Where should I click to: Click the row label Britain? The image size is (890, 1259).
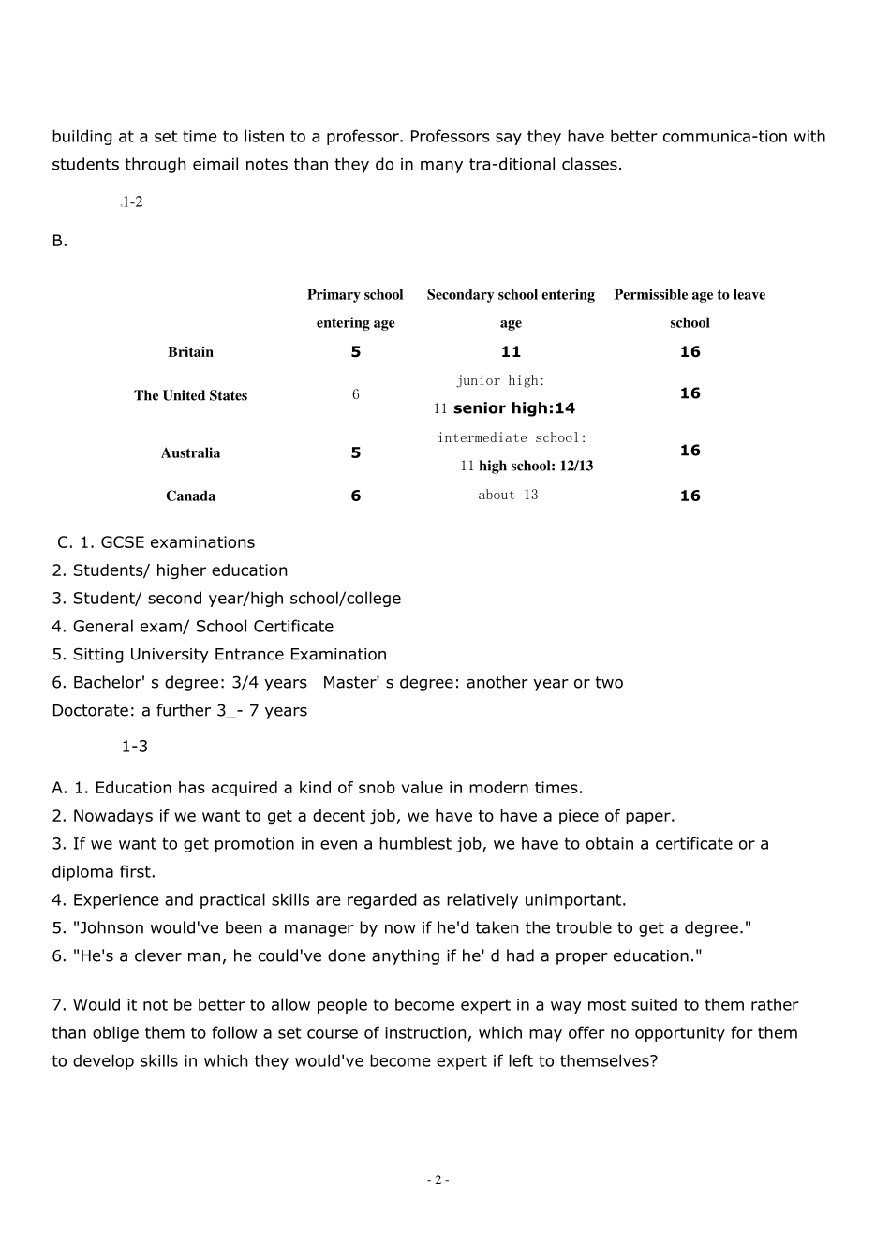click(x=190, y=352)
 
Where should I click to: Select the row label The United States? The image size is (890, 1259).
click(x=190, y=395)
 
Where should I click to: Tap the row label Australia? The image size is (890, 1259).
click(x=190, y=453)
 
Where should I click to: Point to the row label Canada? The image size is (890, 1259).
click(x=190, y=496)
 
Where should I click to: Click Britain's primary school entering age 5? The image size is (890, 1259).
click(x=356, y=352)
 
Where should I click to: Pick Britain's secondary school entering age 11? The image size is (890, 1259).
click(x=511, y=352)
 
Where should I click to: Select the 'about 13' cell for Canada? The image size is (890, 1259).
click(x=508, y=496)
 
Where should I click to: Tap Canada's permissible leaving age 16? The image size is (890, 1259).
click(x=690, y=496)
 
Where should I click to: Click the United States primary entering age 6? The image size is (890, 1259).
click(x=356, y=395)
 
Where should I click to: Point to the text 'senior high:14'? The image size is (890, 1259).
click(x=513, y=408)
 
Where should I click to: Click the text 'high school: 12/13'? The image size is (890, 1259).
click(x=536, y=467)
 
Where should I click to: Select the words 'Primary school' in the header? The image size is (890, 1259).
click(x=355, y=295)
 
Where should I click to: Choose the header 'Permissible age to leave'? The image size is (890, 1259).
click(x=690, y=295)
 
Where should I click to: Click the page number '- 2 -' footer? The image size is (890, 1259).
click(x=438, y=1180)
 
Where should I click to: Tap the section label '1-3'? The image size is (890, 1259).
click(x=134, y=747)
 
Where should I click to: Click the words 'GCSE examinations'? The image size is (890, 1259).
click(x=177, y=542)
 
